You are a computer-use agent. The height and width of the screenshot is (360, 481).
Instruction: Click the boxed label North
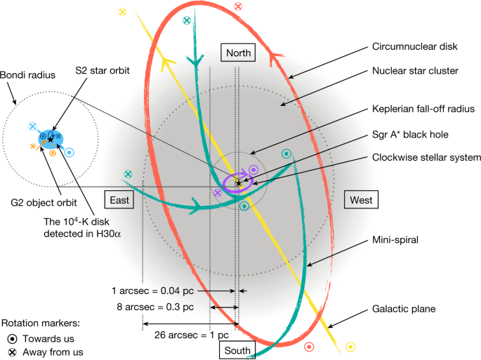237,53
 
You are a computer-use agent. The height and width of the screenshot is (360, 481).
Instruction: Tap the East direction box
121,200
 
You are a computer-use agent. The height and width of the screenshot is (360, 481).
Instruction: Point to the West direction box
361,200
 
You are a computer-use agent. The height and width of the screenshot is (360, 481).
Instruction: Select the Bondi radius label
22,73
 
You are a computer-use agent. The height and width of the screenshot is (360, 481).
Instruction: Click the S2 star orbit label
100,70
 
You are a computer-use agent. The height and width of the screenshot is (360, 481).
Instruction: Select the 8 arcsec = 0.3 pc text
154,307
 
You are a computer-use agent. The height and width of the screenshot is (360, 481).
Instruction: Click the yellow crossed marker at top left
123,12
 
